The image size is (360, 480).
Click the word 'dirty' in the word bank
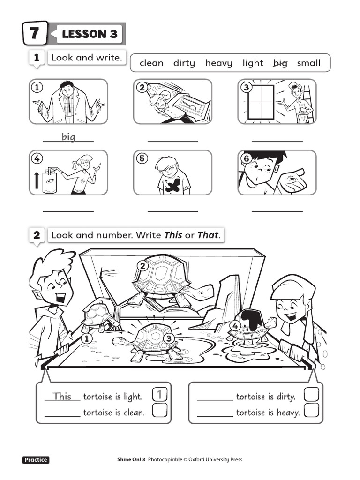184,63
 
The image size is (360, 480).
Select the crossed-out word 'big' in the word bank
280,63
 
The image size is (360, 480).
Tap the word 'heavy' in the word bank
218,63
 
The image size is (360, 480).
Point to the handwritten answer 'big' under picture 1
68,136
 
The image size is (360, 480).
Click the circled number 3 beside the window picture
245,87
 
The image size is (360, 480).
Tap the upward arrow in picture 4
37,180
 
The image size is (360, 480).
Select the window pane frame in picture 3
261,101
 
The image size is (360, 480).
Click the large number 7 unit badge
35,34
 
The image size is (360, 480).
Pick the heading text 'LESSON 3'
90,34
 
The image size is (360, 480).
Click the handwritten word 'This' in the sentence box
62,397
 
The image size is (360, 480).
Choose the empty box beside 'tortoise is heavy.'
312,411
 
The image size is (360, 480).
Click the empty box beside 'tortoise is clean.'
160,411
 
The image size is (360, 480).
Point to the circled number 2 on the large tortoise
143,266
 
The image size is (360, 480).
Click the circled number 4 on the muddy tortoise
235,325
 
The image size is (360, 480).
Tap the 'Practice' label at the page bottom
36,460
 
